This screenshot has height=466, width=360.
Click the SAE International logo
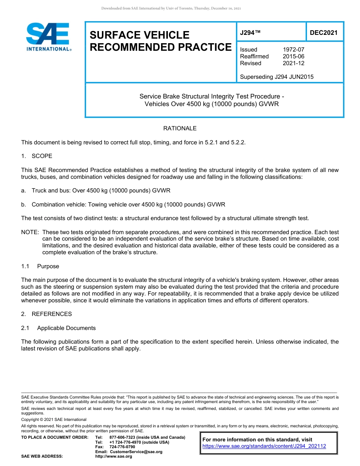coord(48,37)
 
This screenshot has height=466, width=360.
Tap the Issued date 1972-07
coord(293,50)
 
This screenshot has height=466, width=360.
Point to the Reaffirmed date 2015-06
coord(293,56)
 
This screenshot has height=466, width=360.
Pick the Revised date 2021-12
coord(293,63)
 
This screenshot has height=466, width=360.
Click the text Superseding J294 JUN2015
coord(277,77)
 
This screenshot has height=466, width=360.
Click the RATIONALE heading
coord(180,128)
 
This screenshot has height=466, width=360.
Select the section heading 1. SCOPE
coord(37,156)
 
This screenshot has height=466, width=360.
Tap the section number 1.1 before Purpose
coord(25,266)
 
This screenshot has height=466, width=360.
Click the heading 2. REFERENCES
coord(46,314)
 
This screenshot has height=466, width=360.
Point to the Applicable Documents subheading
coord(66,328)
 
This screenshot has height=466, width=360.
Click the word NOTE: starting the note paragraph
coord(30,232)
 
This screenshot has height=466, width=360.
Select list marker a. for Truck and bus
coord(23,191)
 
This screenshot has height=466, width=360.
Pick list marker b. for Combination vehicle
coord(23,205)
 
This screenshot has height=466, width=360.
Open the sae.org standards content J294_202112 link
coord(264,446)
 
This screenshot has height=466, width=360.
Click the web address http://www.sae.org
coord(114,457)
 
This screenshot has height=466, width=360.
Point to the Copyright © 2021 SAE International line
coord(54,419)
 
